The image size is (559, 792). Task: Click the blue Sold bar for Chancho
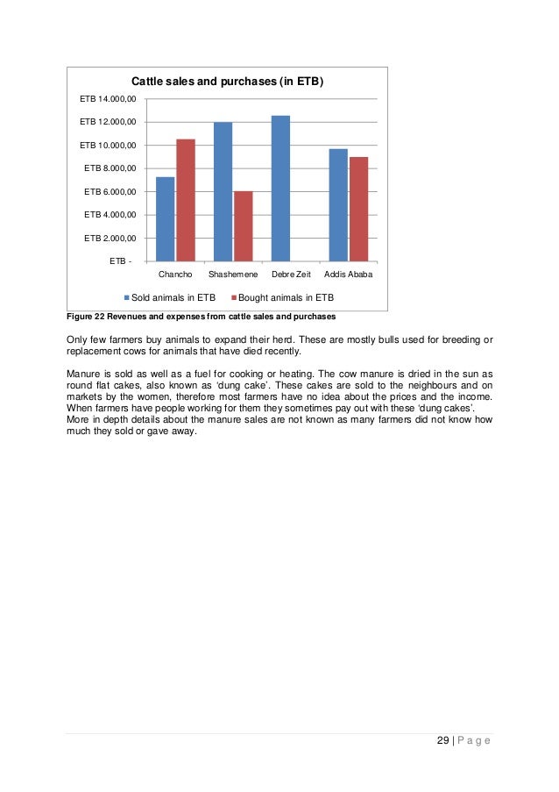(165, 219)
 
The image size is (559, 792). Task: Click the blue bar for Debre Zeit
(280, 189)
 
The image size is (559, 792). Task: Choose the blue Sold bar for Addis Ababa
(338, 205)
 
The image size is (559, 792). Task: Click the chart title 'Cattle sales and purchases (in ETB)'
(228, 82)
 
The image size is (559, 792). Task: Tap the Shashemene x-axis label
(233, 275)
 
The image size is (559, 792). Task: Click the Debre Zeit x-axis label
(290, 275)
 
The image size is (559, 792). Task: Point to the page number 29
(442, 741)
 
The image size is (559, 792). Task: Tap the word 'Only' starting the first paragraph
(79, 340)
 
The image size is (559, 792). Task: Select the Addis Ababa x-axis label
(348, 275)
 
